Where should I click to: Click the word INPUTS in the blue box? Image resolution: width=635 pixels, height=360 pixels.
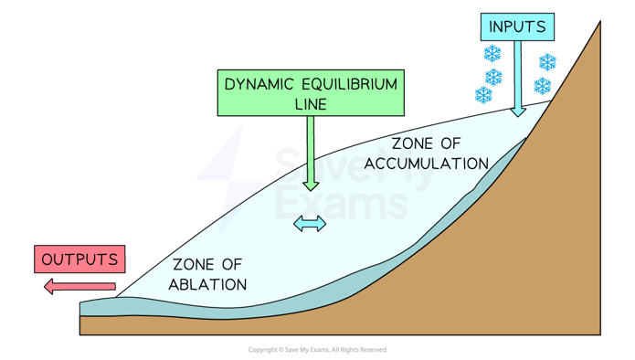point(517,26)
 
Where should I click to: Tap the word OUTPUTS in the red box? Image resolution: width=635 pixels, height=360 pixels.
point(80,259)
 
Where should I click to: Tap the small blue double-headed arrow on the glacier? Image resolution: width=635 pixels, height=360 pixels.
point(309,224)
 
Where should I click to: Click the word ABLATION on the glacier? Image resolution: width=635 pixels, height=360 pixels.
point(207,284)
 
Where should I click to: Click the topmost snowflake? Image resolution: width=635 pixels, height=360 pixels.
point(492,54)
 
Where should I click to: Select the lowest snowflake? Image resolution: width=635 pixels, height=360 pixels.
point(483,94)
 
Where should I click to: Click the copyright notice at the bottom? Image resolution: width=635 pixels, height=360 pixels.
point(317,350)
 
